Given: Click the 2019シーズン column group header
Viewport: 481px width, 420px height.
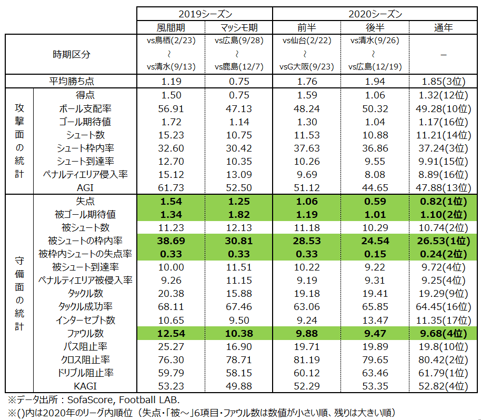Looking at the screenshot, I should tap(205, 13).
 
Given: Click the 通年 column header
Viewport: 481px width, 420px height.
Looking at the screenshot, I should tap(444, 27).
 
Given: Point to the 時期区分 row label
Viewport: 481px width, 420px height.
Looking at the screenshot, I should tap(71, 54).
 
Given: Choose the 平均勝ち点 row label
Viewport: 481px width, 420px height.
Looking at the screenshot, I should tap(71, 82).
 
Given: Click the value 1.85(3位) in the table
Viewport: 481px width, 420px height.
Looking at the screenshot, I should tap(444, 82).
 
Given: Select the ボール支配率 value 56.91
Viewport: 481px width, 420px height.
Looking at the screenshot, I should tap(170, 108).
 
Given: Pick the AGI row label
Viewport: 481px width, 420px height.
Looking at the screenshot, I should tap(86, 187).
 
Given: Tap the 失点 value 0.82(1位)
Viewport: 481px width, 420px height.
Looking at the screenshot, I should tap(444, 201).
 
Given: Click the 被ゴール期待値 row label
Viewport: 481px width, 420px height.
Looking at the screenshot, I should tap(86, 214).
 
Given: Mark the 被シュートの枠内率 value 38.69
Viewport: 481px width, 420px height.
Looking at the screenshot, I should tap(170, 241).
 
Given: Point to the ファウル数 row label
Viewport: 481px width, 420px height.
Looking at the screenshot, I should tap(86, 333).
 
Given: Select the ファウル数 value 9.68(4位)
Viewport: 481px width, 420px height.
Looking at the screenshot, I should tap(444, 333).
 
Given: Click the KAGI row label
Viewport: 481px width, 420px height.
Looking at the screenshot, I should tap(86, 386).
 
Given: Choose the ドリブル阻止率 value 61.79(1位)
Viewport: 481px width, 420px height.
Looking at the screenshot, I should tap(444, 373).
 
